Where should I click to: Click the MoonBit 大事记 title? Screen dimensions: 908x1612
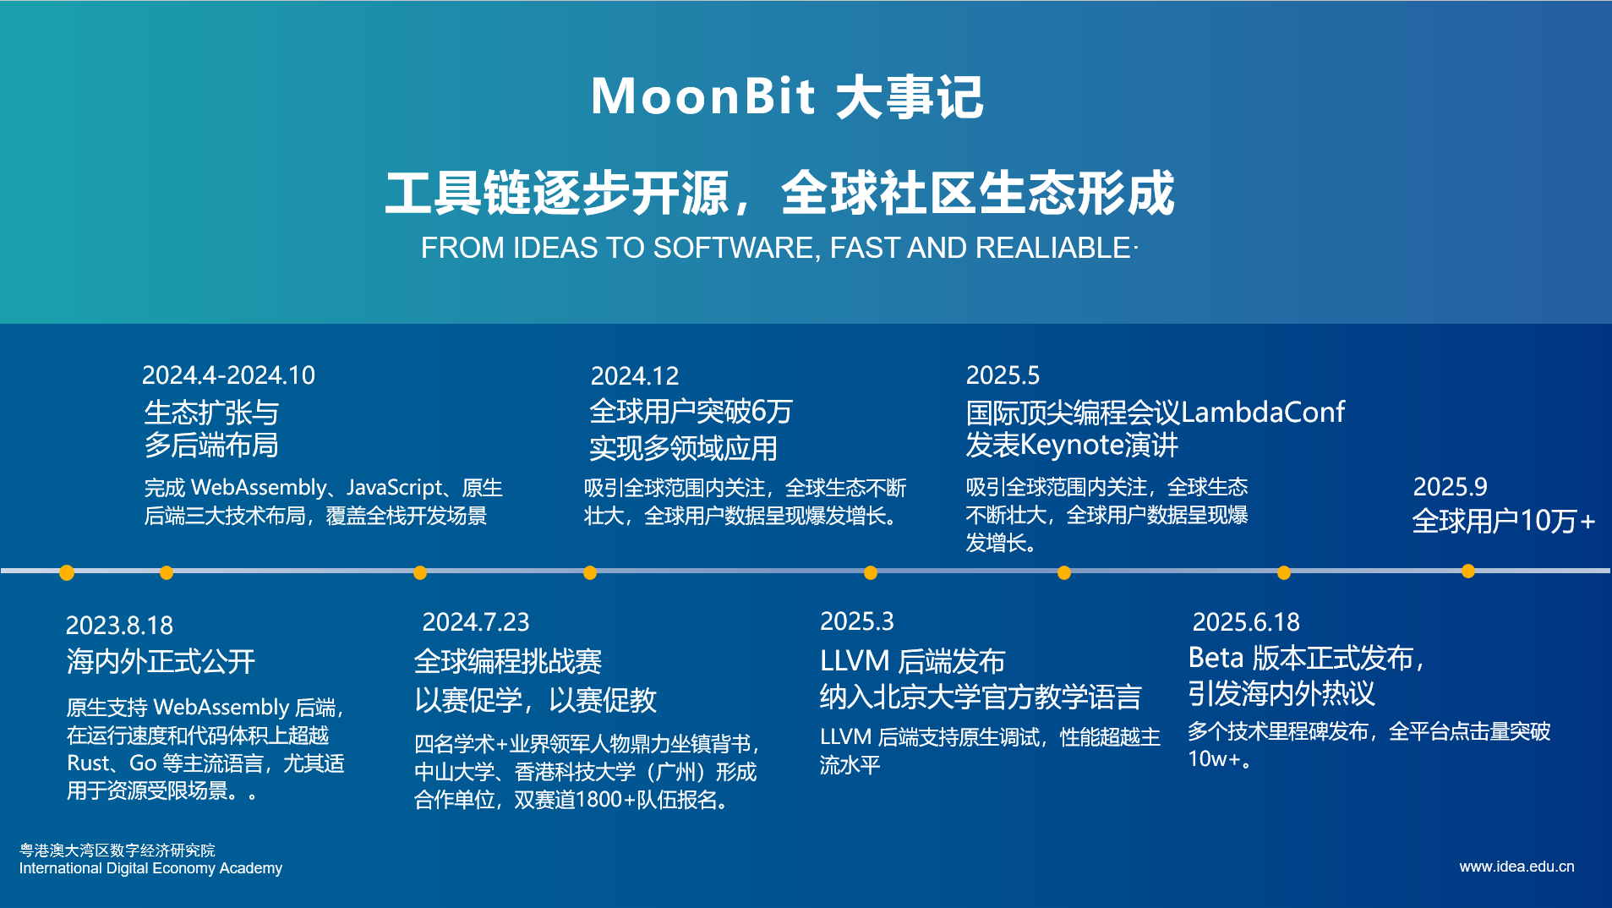787,96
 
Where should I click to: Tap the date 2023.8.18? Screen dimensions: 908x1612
119,625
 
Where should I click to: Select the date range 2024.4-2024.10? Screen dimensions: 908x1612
228,375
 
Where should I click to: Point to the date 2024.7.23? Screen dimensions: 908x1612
475,622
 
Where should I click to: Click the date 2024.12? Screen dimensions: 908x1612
634,375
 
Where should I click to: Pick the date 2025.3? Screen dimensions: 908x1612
856,621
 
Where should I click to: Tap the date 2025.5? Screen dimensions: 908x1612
1003,375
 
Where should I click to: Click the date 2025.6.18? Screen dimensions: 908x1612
1245,622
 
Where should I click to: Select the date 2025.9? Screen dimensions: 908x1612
1450,487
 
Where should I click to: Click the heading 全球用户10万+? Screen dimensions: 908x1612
1503,521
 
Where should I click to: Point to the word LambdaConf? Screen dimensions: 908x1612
1262,413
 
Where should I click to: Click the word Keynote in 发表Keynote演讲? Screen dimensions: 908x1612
1072,445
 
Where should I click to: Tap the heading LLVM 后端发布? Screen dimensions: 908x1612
912,660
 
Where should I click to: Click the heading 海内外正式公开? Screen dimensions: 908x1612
161,661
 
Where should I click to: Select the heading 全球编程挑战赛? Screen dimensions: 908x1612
507,661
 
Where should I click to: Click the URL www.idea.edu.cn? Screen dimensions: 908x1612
1516,867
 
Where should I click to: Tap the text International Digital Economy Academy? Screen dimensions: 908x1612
150,868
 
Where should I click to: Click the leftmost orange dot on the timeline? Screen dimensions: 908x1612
67,573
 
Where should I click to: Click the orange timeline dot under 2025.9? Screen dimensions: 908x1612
1468,572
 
